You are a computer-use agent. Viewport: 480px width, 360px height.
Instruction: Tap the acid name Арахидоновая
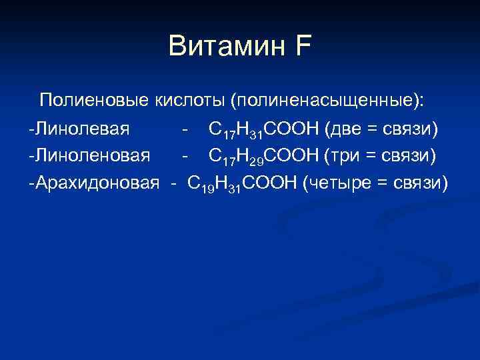96,181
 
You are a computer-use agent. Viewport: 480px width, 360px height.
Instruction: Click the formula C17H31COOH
264,129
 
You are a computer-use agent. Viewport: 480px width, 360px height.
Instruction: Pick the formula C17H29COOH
264,155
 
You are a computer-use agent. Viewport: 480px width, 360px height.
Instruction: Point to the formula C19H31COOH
243,182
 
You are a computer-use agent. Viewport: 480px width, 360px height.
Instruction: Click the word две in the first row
345,129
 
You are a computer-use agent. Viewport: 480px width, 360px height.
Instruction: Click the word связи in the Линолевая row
410,129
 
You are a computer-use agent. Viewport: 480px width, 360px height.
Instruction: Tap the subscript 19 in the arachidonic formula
207,187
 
